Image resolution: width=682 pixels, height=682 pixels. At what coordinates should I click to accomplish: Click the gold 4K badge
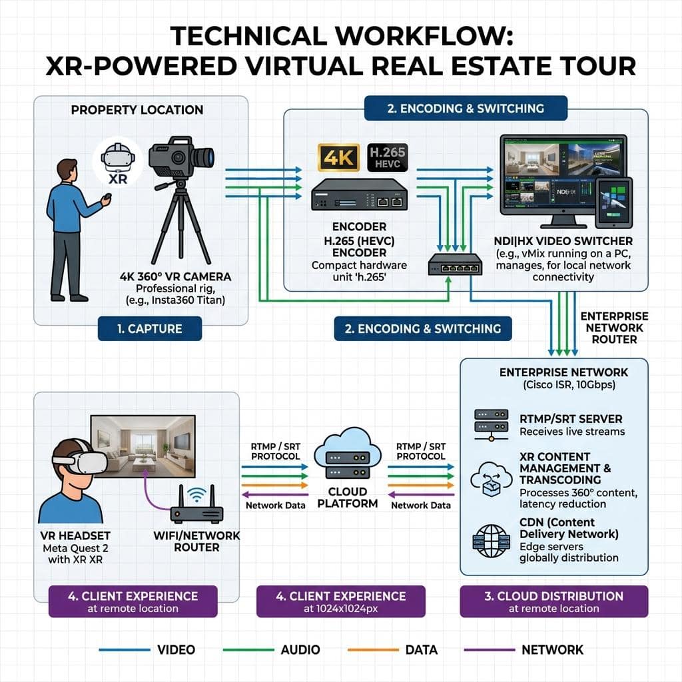point(339,157)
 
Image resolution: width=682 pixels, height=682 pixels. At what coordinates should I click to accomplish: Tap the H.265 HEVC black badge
point(388,157)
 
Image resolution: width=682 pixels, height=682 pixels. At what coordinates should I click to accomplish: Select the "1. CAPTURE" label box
point(150,328)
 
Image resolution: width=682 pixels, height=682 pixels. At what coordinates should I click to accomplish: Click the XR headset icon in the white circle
point(117,157)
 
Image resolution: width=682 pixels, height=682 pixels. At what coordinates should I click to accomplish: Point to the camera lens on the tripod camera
point(204,157)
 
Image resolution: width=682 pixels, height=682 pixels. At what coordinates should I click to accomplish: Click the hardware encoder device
point(359,195)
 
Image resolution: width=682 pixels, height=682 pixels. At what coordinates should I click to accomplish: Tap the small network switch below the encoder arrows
point(455,264)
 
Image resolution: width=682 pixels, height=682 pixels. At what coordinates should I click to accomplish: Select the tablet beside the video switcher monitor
point(613,202)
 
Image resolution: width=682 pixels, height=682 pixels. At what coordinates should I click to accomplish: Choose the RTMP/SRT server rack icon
point(491,425)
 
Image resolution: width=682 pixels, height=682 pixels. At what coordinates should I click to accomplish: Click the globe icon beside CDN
point(491,541)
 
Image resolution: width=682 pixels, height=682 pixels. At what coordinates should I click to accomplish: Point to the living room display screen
point(143,446)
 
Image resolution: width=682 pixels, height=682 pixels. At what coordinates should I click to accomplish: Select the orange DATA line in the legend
point(373,650)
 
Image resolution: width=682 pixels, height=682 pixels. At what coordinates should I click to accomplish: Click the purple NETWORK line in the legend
point(490,650)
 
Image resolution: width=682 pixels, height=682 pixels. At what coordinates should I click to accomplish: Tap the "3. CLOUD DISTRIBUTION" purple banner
point(553,601)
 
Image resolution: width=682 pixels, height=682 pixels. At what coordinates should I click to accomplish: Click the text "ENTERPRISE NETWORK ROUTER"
point(614,328)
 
